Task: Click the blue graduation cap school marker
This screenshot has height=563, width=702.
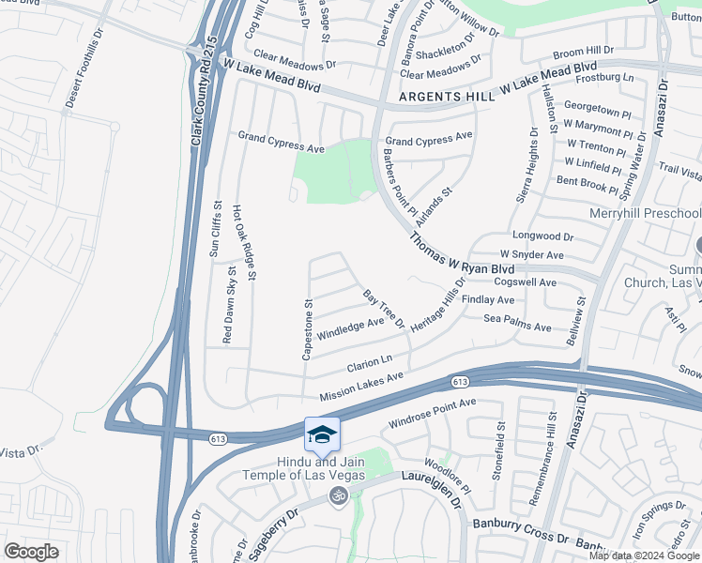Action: click(322, 435)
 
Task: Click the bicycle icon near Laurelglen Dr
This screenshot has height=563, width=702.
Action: click(338, 495)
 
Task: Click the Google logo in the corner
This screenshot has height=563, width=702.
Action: click(31, 551)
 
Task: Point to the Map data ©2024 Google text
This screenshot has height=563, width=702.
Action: click(645, 555)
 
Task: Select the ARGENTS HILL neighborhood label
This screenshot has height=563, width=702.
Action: click(444, 97)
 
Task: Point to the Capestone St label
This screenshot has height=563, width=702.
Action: click(307, 329)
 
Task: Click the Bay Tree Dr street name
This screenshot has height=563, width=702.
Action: click(384, 309)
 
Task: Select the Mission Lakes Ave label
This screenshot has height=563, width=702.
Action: click(361, 385)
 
